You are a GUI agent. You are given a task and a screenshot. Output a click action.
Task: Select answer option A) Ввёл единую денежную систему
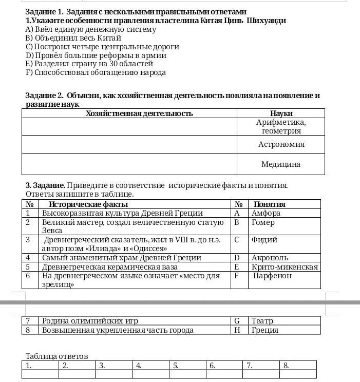[x=90, y=29]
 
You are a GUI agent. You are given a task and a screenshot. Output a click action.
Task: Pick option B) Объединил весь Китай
[x=73, y=38]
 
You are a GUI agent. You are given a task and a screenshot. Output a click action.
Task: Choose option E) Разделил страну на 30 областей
[x=89, y=64]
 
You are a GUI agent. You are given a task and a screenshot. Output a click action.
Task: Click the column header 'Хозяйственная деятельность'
[x=139, y=113]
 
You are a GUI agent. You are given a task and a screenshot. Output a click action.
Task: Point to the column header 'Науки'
[x=281, y=113]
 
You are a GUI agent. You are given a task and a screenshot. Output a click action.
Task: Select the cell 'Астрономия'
[x=281, y=144]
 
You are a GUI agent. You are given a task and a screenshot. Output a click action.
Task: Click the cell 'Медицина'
[x=281, y=164]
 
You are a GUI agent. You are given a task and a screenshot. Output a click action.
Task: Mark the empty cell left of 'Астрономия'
[x=129, y=144]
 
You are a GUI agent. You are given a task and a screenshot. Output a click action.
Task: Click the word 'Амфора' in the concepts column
[x=266, y=213]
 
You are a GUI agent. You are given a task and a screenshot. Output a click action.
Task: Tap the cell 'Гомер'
[x=263, y=222]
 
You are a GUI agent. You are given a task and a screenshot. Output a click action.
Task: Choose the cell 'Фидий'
[x=264, y=240]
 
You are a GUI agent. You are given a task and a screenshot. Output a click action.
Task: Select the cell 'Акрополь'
[x=270, y=258]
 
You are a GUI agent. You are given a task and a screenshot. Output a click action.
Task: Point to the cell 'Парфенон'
[x=273, y=276]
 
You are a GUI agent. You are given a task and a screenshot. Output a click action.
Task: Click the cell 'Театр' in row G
[x=262, y=321]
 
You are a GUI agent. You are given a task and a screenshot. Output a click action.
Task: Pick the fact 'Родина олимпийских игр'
[x=90, y=321]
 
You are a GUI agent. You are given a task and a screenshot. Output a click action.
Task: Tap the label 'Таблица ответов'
[x=57, y=356]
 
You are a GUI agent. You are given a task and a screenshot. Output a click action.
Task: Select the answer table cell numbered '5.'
[x=187, y=366]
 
